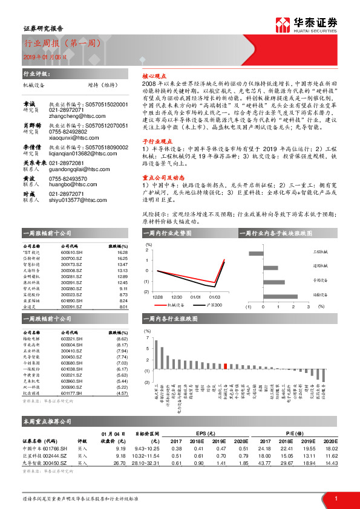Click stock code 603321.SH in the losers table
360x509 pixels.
71,339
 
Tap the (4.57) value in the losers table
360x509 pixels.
122,393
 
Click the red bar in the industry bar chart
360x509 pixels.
225,366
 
